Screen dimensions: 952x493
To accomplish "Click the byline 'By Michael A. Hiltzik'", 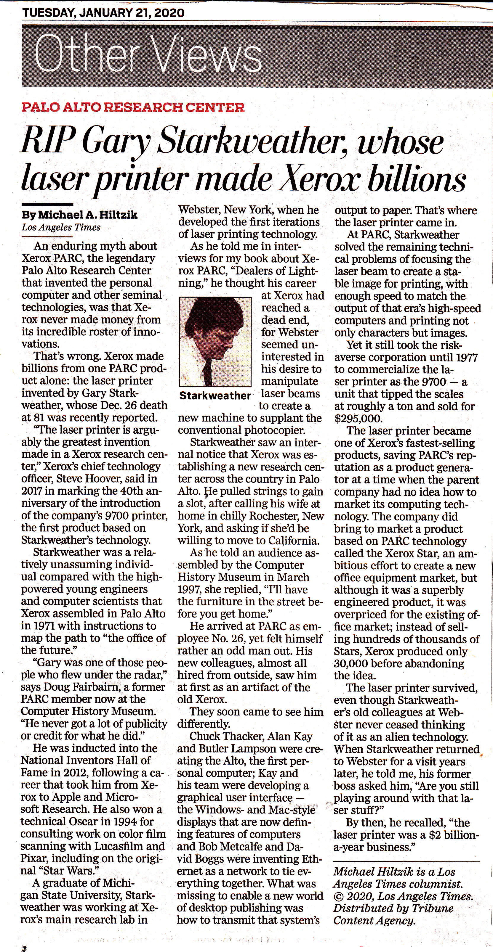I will (79, 215).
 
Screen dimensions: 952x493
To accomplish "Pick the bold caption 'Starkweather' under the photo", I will (215, 396).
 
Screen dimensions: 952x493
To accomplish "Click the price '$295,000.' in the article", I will (358, 419).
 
